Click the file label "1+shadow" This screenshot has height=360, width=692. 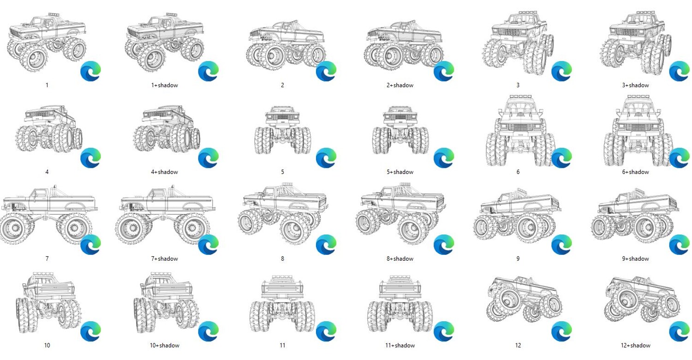coord(164,85)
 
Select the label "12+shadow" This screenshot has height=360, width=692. coord(635,346)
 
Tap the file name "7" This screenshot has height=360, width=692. coord(47,258)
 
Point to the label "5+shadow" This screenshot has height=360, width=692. coord(400,172)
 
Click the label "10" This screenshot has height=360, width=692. coord(47,346)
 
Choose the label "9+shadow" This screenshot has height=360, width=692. coord(635,258)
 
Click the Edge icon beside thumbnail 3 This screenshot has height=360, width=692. coord(561,71)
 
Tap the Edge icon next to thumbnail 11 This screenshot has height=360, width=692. coord(326,331)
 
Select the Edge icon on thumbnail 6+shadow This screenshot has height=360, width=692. coord(680,158)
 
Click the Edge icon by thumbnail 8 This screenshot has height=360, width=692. coord(326,245)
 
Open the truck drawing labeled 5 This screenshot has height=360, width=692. coord(282,130)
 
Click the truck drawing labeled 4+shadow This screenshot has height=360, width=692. coord(167,129)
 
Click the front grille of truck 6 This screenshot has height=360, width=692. coord(520,128)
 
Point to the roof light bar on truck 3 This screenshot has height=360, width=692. coord(527,12)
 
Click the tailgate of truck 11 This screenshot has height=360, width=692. coord(282,288)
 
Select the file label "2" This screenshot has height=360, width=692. coord(282,85)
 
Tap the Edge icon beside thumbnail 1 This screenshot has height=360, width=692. coord(91,71)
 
